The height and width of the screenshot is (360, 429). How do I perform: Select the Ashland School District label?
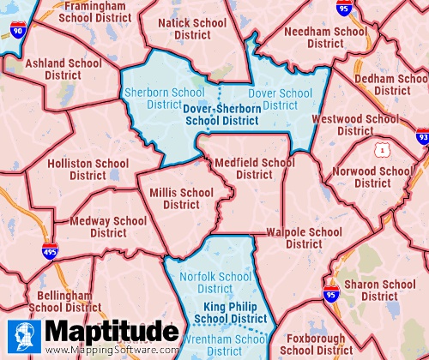point(63,69)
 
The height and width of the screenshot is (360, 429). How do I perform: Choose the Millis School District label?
point(181,198)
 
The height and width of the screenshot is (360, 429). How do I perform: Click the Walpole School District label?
point(304,237)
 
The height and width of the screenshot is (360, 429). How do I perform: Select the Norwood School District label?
point(372,177)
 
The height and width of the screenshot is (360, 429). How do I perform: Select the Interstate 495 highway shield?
point(51,249)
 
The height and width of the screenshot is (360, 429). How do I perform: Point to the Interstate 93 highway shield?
point(422,135)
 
